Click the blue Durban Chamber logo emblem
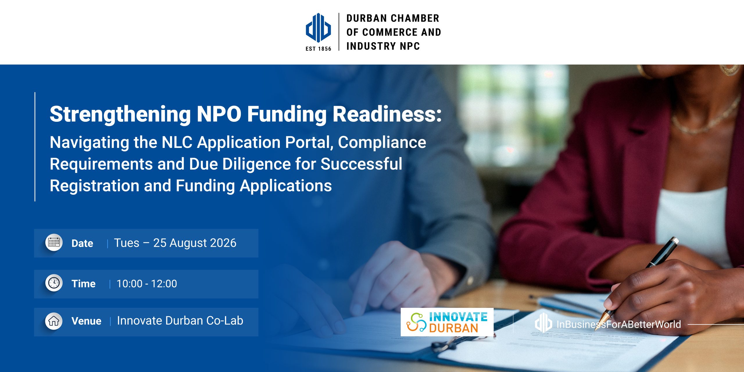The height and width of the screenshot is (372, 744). point(318,28)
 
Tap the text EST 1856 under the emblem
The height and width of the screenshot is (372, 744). point(318,49)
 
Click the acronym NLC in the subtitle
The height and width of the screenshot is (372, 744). point(177,142)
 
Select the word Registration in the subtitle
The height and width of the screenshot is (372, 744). point(94,186)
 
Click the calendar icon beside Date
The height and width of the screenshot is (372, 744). point(54,242)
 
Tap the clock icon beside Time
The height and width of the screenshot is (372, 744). point(54,283)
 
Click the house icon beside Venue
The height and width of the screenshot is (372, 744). point(54,321)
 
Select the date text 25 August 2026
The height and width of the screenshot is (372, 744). point(195,243)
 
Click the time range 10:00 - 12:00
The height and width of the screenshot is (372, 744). point(147,284)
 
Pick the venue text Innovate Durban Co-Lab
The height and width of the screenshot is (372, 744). point(180,321)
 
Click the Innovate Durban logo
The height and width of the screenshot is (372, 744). point(447,322)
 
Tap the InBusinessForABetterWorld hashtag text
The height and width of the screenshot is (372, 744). point(618,324)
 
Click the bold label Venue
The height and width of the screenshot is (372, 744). point(86,321)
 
